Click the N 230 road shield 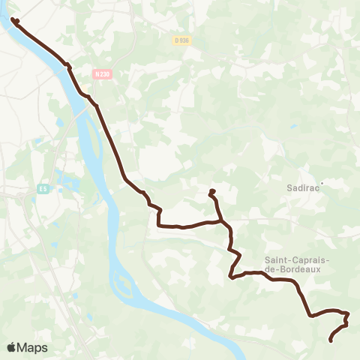pyautogui.click(x=102, y=73)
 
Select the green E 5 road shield pyautogui.click(x=44, y=190)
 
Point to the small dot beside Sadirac pyautogui.click(x=322, y=181)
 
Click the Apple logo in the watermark pyautogui.click(x=12, y=347)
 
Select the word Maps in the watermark pyautogui.click(x=33, y=347)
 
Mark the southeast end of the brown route pyautogui.click(x=331, y=341)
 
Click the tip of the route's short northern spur pyautogui.click(x=211, y=192)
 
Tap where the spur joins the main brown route pyautogui.click(x=220, y=220)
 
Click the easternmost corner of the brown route pyautogui.click(x=349, y=314)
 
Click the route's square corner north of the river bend pyautogui.click(x=158, y=224)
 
